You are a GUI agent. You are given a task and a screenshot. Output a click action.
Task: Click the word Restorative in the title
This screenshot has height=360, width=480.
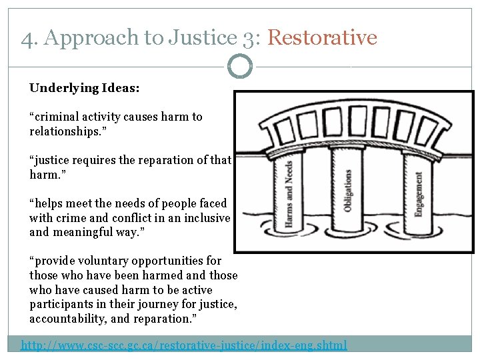[322, 38]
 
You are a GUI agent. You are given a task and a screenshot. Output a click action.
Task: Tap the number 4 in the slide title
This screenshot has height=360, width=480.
[27, 39]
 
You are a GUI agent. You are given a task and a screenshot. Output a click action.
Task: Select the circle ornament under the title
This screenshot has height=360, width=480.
[240, 67]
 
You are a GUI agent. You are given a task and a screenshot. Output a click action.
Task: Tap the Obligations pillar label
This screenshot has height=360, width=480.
[347, 190]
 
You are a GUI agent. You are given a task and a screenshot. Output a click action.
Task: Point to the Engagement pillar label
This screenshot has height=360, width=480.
[419, 193]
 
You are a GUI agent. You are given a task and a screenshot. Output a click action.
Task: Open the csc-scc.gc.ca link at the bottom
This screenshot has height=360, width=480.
[184, 345]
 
